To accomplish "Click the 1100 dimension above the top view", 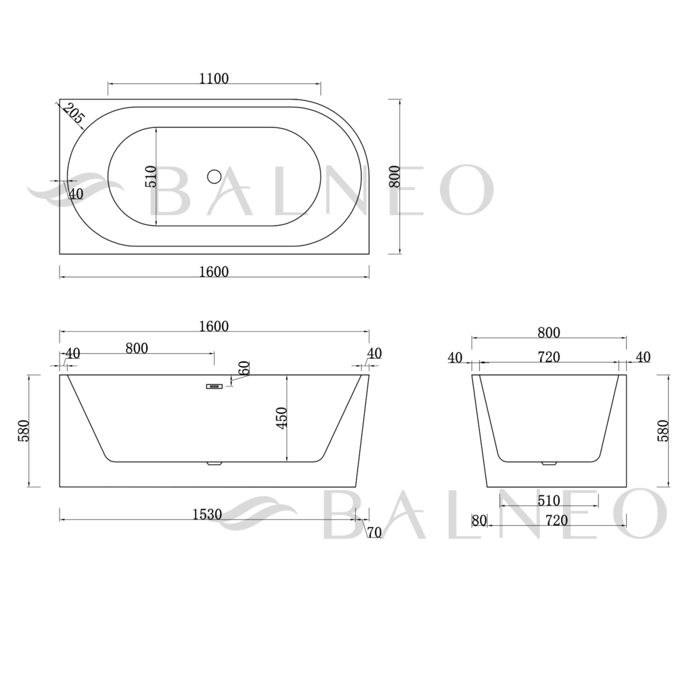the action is click(x=214, y=79).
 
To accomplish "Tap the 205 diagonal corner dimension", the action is click(x=73, y=113).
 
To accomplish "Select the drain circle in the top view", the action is click(x=215, y=177).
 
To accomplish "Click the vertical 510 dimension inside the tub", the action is click(x=151, y=177).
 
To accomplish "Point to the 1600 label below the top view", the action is click(x=214, y=271).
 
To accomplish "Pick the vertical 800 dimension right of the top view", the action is click(x=395, y=177).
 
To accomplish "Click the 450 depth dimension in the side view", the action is click(x=282, y=418).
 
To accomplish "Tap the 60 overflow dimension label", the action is click(x=244, y=367).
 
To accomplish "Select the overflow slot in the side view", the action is click(x=215, y=386).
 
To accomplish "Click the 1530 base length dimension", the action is click(x=207, y=514).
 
